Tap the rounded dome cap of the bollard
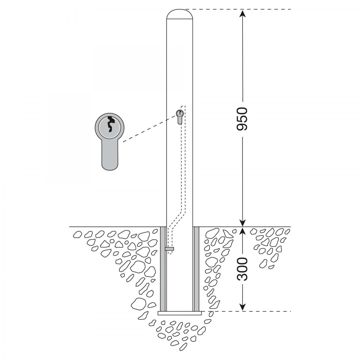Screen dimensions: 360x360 tap(179, 14)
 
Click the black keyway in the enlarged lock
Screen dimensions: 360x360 tap(110, 124)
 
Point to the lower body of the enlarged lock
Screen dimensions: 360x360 tap(110, 155)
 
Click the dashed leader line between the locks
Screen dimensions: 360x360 tap(149, 129)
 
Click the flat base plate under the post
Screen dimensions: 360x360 tap(179, 313)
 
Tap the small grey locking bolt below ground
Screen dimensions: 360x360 tap(169, 249)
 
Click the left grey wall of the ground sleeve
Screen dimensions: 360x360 tap(163, 269)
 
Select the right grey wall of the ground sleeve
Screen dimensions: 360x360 tap(196, 269)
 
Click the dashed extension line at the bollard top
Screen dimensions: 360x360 tap(238, 9)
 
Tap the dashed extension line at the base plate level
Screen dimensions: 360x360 tap(246, 311)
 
